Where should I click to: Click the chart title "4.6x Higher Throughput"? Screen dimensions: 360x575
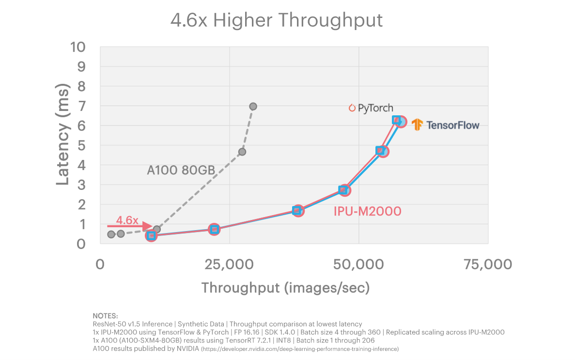coord(277,20)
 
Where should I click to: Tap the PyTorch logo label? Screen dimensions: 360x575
coord(371,108)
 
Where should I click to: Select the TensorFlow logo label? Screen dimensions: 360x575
coord(446,125)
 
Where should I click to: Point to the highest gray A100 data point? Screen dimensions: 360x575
coord(253,106)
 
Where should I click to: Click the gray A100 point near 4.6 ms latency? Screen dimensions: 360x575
coord(242,152)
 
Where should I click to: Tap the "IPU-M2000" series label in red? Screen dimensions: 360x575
coord(367,211)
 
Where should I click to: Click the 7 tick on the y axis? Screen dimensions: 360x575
coord(80,106)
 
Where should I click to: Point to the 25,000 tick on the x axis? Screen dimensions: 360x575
coord(230,264)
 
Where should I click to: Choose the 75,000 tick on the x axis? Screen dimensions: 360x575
coord(488,264)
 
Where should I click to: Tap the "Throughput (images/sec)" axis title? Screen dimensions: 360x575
coord(285,288)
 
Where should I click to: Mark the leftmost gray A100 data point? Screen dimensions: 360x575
coord(111,235)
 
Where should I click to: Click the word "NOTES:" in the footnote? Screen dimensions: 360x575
coord(105,316)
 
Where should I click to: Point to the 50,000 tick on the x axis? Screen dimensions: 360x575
coord(359,264)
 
